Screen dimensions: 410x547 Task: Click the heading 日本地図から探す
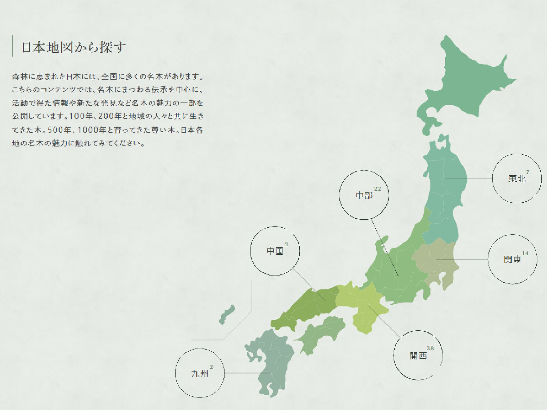[x=74, y=47]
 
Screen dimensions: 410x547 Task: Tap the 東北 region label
[x=517, y=179]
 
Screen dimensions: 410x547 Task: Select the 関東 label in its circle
[x=513, y=259]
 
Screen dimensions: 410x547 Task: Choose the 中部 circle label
[x=364, y=195]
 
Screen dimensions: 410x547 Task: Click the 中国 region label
[x=275, y=251]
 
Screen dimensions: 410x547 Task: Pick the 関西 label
[x=418, y=356]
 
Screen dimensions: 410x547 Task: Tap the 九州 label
[x=200, y=374]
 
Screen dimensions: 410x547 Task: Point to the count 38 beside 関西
[x=430, y=348]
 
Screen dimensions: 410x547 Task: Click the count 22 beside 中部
[x=377, y=189]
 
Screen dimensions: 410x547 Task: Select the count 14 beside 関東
[x=525, y=253]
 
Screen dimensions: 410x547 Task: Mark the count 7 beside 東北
[x=528, y=172]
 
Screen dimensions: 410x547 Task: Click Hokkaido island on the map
[x=465, y=82]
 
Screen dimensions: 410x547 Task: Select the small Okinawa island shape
[x=227, y=314]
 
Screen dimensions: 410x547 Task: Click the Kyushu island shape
[x=271, y=361]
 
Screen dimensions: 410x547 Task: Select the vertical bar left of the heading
[x=12, y=46]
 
